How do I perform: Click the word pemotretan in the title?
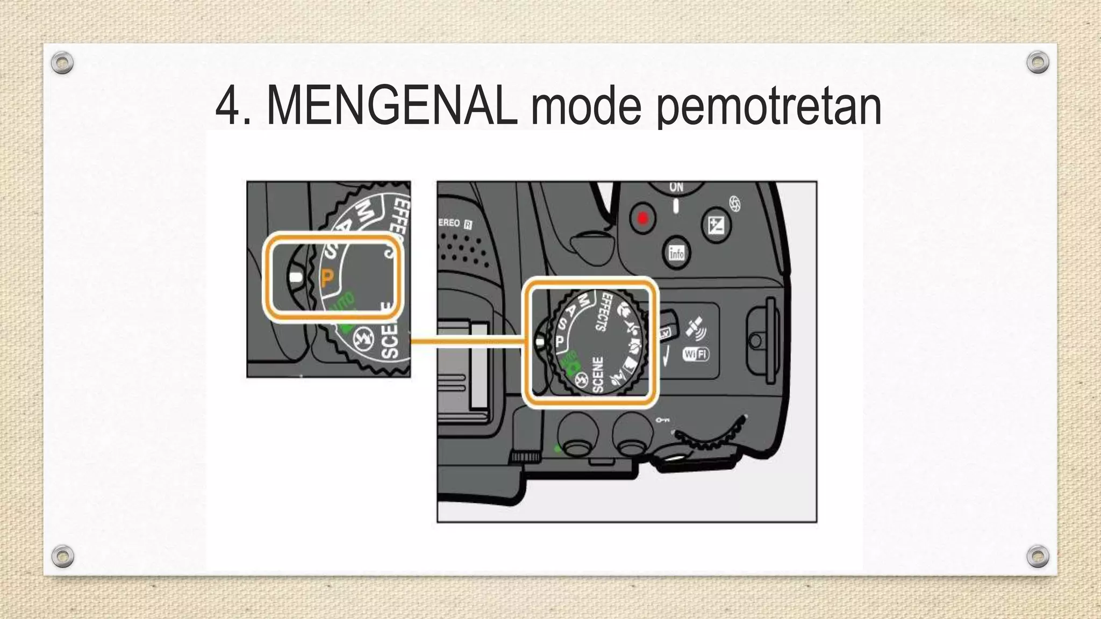(769, 109)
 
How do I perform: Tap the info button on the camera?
(676, 253)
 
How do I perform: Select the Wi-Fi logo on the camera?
(696, 354)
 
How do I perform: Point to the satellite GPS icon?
(695, 328)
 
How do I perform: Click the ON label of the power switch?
(676, 188)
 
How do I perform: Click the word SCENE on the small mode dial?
(598, 374)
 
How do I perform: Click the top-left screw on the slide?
(62, 63)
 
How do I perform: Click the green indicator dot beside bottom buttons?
(557, 449)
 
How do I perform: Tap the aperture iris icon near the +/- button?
(735, 204)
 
